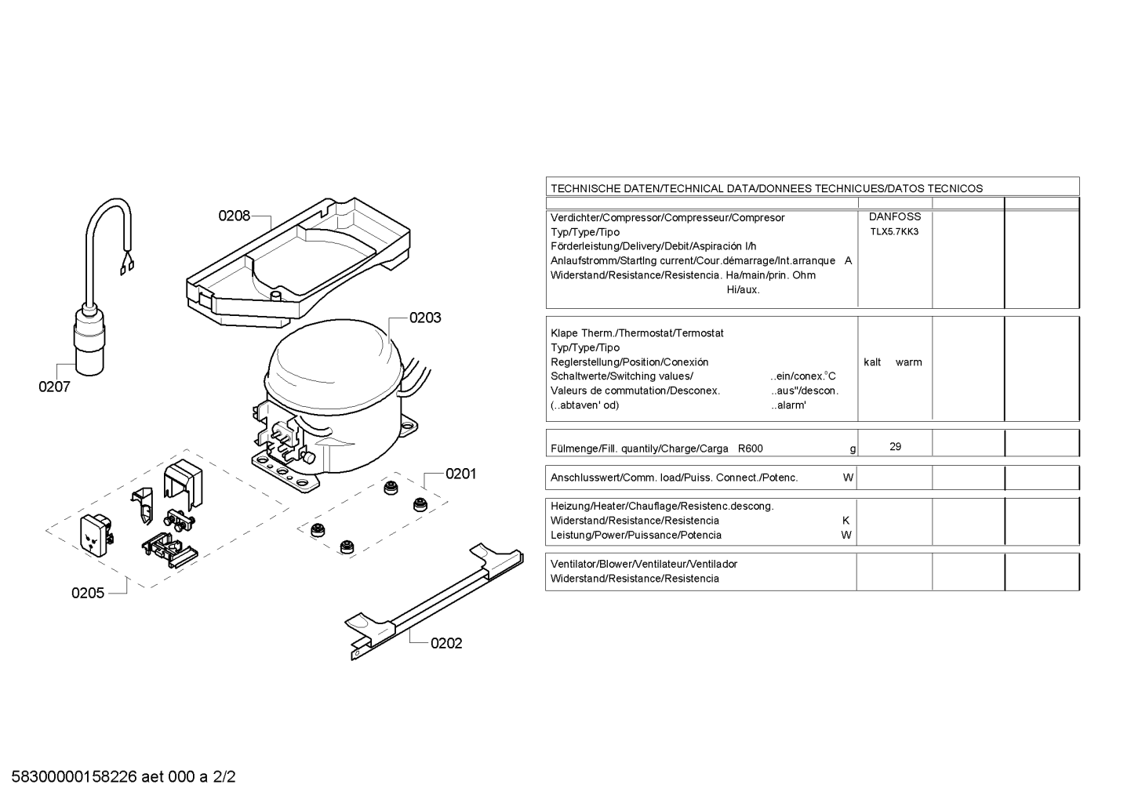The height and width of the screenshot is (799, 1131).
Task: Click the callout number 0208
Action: [x=235, y=216]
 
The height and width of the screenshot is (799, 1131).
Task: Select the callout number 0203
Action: [x=425, y=318]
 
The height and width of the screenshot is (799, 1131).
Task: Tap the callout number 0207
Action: [x=55, y=387]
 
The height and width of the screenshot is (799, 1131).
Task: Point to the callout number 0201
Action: [x=461, y=474]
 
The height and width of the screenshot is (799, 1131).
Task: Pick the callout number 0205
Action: [x=88, y=593]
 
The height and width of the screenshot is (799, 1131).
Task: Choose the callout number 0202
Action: [x=446, y=644]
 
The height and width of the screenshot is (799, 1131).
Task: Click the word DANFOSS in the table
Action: [x=895, y=216]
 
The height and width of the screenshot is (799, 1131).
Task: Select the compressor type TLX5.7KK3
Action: [x=894, y=232]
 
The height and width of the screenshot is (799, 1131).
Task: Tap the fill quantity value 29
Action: [x=895, y=447]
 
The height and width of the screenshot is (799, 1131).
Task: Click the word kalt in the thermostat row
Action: [x=872, y=362]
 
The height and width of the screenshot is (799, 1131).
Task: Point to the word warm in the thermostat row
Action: [x=909, y=362]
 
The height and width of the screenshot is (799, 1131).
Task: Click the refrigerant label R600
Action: [x=751, y=449]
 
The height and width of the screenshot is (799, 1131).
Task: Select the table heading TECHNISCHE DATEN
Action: [x=606, y=189]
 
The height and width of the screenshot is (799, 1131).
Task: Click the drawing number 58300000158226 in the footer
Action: [x=75, y=777]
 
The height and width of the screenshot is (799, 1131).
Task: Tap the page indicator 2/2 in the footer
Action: [x=224, y=777]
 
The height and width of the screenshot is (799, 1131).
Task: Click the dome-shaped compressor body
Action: [x=333, y=369]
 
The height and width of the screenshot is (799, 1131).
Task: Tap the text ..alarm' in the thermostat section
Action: [x=789, y=405]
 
